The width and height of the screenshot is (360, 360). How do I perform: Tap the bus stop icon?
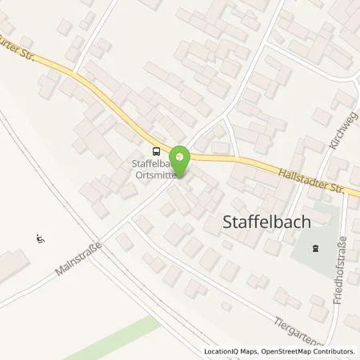click(x=156, y=150)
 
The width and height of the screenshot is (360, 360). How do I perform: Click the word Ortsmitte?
click(x=154, y=178)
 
